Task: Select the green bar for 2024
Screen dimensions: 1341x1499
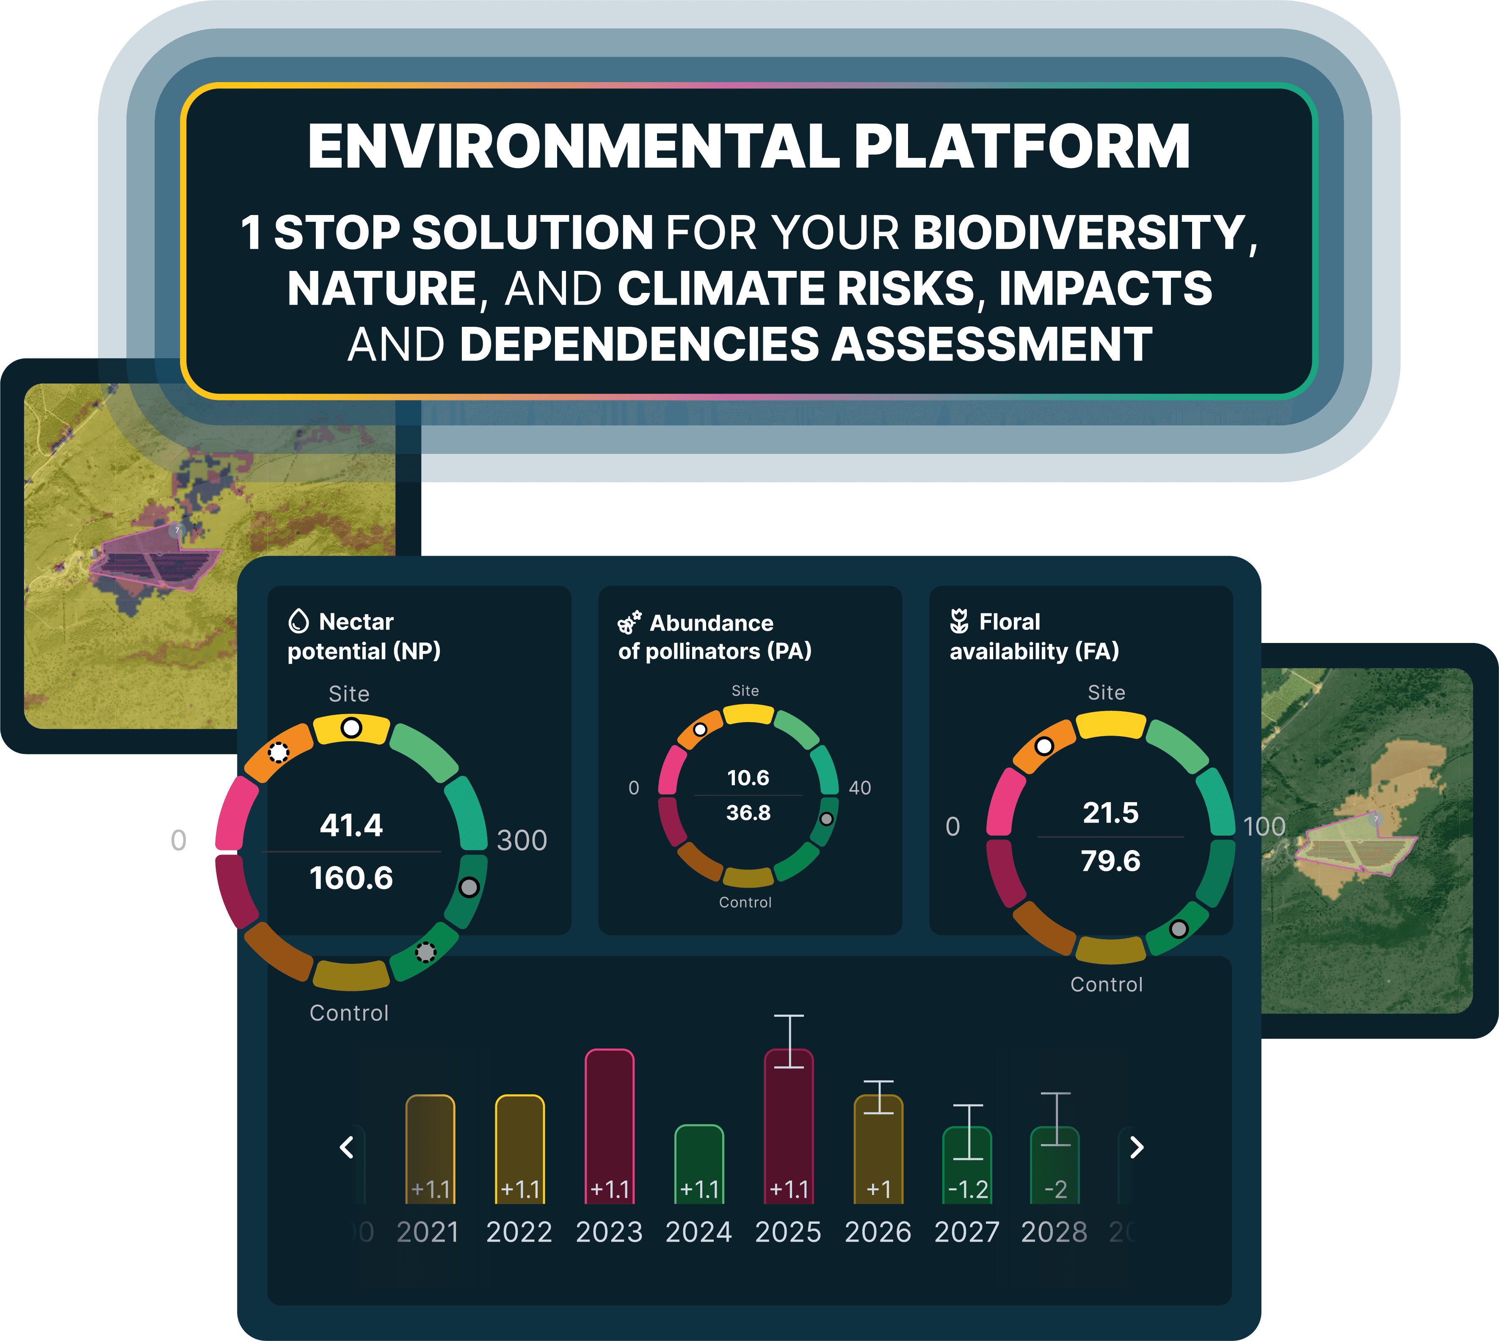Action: [698, 1164]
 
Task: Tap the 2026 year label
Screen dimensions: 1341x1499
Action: [878, 1232]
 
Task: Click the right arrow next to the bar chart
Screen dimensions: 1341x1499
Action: [1136, 1147]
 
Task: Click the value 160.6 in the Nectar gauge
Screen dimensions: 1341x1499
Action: [351, 877]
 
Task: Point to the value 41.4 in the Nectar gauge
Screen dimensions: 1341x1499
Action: [351, 825]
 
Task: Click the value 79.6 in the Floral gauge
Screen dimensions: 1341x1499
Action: [1111, 861]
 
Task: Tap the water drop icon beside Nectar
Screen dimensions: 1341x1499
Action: [298, 621]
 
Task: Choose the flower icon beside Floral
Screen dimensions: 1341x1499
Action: [959, 621]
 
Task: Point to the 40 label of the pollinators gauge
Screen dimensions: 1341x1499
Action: [859, 788]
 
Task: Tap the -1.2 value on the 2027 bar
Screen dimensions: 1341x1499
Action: [968, 1189]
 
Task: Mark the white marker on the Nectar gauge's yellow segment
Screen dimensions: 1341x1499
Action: [351, 728]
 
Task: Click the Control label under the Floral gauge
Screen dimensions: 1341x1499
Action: [1106, 985]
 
